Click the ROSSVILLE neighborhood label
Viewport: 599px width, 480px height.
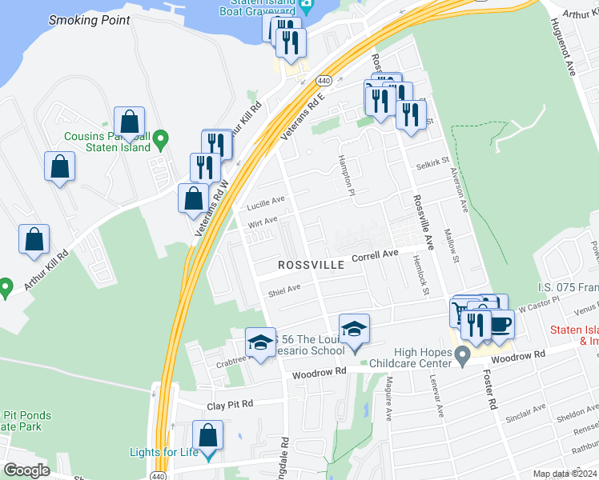(311, 264)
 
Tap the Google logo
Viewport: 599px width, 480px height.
(26, 470)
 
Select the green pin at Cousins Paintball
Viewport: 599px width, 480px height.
(160, 142)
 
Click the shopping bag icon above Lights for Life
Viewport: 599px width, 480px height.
(207, 437)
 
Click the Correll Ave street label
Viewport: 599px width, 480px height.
(375, 255)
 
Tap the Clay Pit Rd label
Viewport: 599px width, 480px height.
(230, 405)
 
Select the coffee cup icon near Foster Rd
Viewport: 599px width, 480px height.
(500, 324)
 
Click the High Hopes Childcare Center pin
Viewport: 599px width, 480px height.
(462, 355)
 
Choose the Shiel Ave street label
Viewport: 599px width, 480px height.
(284, 289)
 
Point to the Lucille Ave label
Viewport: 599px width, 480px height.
(265, 201)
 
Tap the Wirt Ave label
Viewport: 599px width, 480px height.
(262, 221)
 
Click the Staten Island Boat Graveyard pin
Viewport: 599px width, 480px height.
(307, 7)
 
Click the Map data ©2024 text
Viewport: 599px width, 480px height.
(565, 474)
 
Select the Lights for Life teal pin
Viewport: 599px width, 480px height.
(209, 456)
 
